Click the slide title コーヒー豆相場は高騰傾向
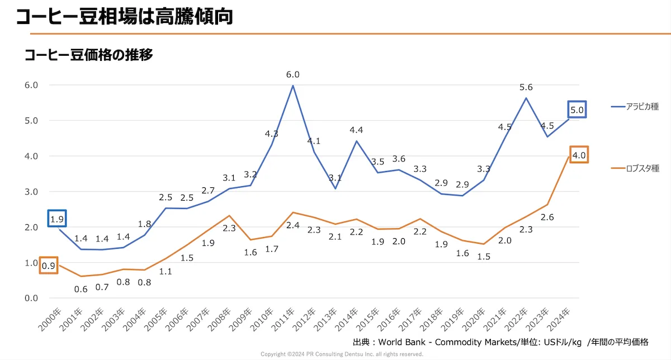(124, 16)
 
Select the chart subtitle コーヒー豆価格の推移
(88, 55)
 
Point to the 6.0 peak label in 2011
(292, 74)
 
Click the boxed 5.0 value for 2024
(577, 110)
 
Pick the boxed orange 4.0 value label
(579, 155)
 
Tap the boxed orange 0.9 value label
(48, 266)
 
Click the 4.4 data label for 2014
(356, 130)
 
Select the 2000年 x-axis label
(49, 319)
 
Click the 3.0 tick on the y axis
(30, 192)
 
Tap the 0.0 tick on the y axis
(30, 298)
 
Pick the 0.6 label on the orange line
(81, 289)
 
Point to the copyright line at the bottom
(342, 354)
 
